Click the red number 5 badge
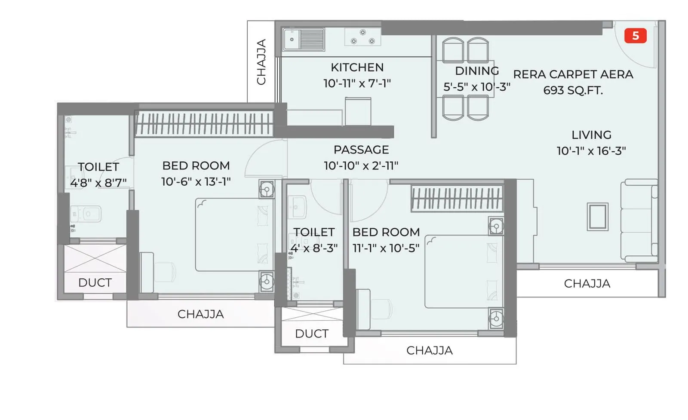pyautogui.click(x=635, y=36)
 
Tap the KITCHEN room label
pyautogui.click(x=357, y=67)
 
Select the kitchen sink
pyautogui.click(x=304, y=40)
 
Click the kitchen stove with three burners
pyautogui.click(x=362, y=37)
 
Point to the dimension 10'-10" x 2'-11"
pyautogui.click(x=361, y=166)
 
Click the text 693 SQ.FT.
pyautogui.click(x=573, y=91)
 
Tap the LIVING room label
pyautogui.click(x=591, y=135)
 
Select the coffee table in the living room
pyautogui.click(x=598, y=217)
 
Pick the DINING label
pyautogui.click(x=477, y=71)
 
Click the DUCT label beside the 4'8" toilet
pyautogui.click(x=95, y=283)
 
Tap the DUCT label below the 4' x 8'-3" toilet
pyautogui.click(x=312, y=334)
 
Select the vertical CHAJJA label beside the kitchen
pyautogui.click(x=261, y=62)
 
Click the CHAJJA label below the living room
pyautogui.click(x=587, y=284)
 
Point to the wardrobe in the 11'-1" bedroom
pyautogui.click(x=457, y=198)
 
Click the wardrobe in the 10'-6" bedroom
pyautogui.click(x=204, y=124)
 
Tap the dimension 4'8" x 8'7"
pyautogui.click(x=98, y=183)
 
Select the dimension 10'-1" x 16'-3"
pyautogui.click(x=591, y=151)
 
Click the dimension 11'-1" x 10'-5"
pyautogui.click(x=386, y=248)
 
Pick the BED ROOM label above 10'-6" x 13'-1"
pyautogui.click(x=196, y=166)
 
